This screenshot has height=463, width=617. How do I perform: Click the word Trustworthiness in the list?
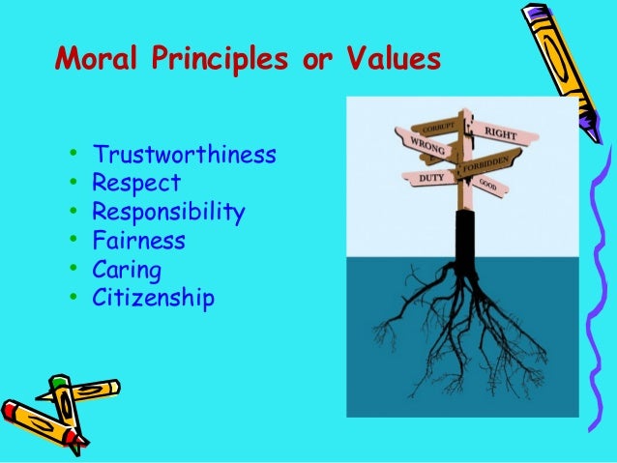tap(184, 155)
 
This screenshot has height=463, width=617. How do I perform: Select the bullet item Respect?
tap(136, 184)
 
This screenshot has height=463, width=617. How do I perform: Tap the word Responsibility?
tap(168, 212)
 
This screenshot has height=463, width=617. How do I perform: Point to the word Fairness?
tap(138, 240)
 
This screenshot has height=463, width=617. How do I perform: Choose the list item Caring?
tap(127, 269)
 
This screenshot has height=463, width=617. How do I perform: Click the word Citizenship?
tap(153, 297)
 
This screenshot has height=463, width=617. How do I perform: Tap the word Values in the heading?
tap(391, 61)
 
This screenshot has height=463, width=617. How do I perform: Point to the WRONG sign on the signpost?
tap(426, 147)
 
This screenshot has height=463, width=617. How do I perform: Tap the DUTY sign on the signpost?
tap(431, 178)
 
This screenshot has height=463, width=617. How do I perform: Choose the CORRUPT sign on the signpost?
tap(438, 126)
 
